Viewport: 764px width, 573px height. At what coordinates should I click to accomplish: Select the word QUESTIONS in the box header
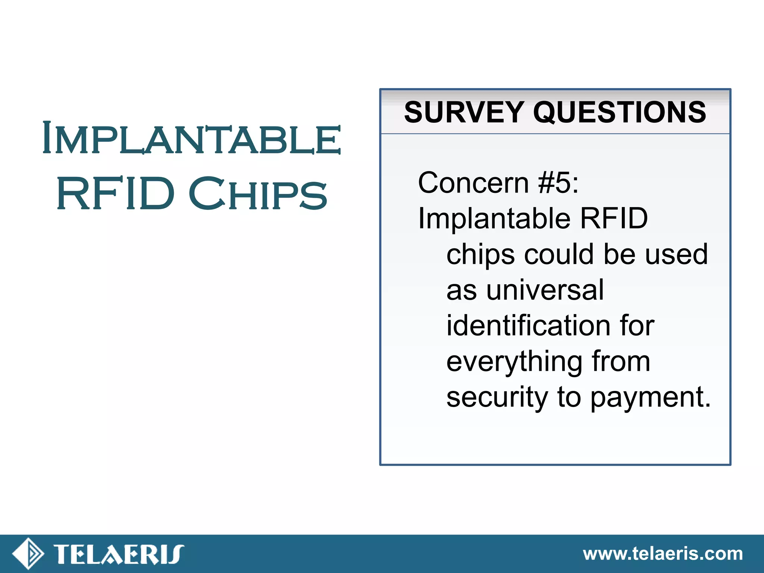619,112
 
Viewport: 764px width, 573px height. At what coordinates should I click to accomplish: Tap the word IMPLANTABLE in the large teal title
191,138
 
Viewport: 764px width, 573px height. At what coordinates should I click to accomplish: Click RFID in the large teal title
115,194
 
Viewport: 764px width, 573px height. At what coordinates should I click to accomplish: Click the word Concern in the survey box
473,183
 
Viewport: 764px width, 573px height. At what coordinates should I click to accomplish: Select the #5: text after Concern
558,183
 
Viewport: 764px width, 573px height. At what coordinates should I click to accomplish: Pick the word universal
545,290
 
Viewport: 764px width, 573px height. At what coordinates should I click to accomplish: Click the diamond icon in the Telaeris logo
28,554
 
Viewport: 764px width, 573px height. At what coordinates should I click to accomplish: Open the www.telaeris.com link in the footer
663,554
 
